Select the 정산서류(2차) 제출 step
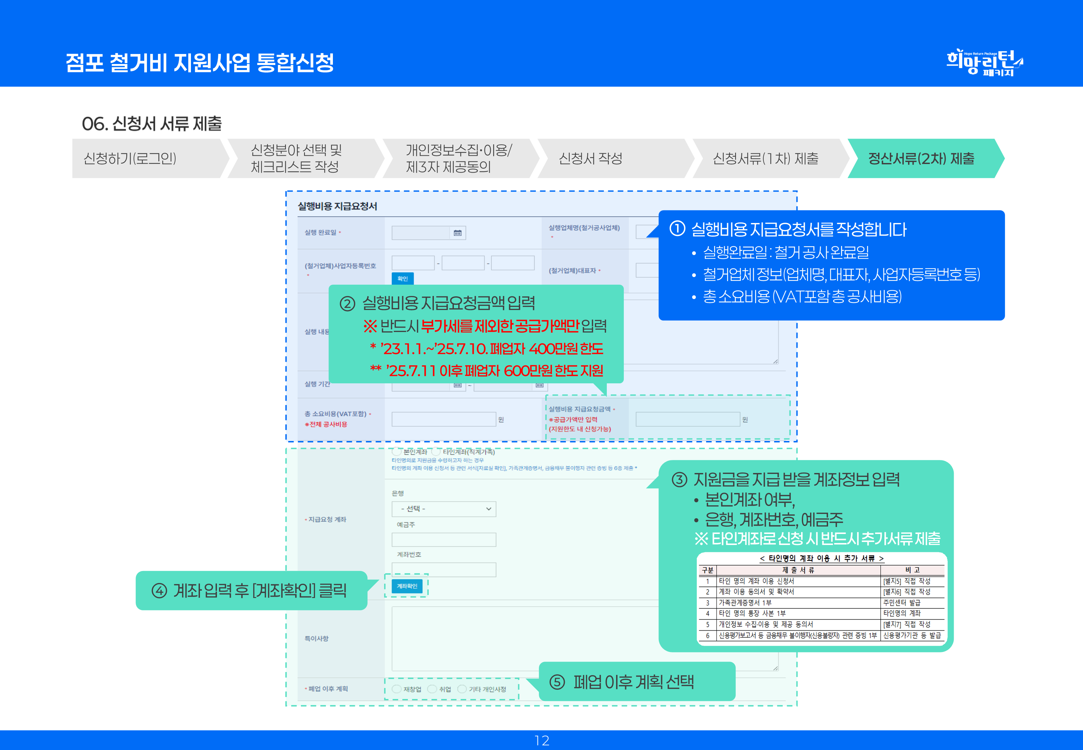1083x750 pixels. click(x=921, y=158)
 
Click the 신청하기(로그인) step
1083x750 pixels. click(x=130, y=158)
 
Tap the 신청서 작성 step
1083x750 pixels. click(x=590, y=158)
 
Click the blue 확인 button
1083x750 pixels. click(x=403, y=279)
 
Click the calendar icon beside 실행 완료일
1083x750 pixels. click(x=458, y=233)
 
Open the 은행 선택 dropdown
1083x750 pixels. click(x=444, y=509)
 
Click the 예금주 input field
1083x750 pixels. click(x=444, y=539)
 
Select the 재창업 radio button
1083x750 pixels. click(x=397, y=689)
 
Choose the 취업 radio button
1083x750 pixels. click(x=432, y=689)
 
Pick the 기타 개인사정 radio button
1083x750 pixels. click(x=462, y=689)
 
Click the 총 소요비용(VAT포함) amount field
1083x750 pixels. click(x=444, y=419)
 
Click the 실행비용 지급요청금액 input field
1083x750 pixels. click(x=687, y=419)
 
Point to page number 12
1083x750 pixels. click(x=541, y=741)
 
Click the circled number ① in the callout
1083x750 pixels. click(x=677, y=229)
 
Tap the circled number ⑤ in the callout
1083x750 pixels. click(x=557, y=682)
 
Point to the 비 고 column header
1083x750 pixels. click(x=912, y=570)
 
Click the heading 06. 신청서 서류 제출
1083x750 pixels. click(x=152, y=124)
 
